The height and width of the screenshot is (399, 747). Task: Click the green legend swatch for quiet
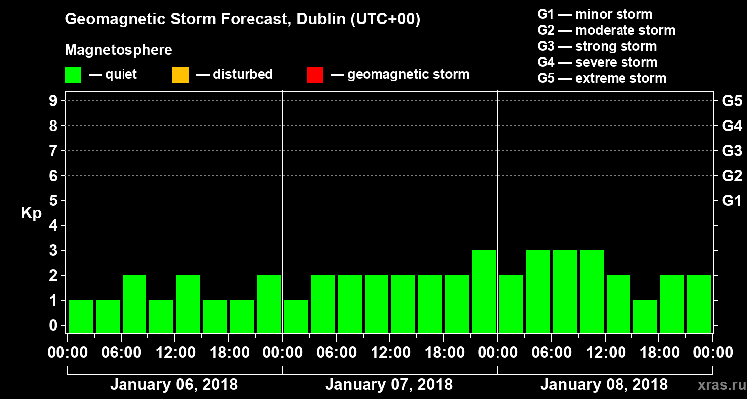[x=73, y=75]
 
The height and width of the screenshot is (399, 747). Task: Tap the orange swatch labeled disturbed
[x=180, y=75]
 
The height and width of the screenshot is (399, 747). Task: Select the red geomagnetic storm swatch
[x=315, y=75]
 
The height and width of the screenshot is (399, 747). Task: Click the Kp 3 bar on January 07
[x=484, y=291]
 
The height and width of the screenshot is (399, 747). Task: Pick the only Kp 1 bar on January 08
[x=645, y=316]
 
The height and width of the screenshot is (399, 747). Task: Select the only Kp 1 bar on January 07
[x=296, y=316]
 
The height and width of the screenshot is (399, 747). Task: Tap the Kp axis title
[x=31, y=213]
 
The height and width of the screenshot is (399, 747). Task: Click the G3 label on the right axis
[x=732, y=151]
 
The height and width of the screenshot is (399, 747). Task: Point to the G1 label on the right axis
[x=732, y=201]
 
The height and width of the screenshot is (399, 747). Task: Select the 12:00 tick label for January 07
[x=390, y=353]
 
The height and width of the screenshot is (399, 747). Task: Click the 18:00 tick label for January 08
[x=659, y=353]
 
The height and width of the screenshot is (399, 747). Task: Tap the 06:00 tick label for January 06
[x=122, y=353]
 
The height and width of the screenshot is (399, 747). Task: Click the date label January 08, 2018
[x=604, y=385]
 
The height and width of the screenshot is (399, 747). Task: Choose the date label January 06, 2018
[x=173, y=385]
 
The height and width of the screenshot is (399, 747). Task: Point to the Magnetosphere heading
[x=119, y=50]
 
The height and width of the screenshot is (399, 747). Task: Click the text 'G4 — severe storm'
[x=598, y=63]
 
